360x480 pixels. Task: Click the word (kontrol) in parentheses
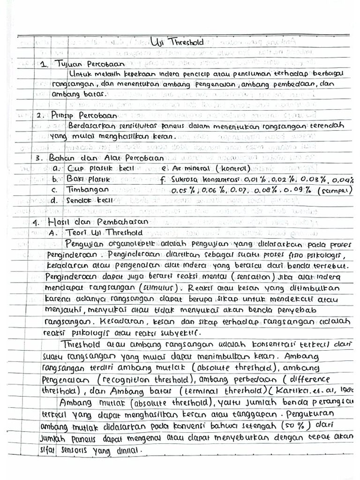coord(233,168)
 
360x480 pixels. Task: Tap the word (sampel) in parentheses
coord(335,191)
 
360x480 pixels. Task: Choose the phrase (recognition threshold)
coord(143,379)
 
